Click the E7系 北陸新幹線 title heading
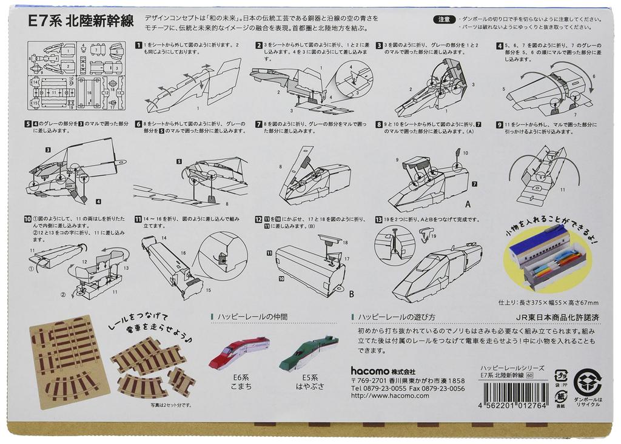click(81, 20)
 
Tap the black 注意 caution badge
click(444, 19)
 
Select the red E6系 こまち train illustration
click(239, 352)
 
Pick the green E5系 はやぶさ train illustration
click(308, 354)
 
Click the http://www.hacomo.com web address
click(390, 395)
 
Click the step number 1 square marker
click(139, 45)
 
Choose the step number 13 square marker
click(379, 219)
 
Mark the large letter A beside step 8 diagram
click(468, 204)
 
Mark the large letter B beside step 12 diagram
click(351, 294)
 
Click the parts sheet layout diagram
click(76, 76)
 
